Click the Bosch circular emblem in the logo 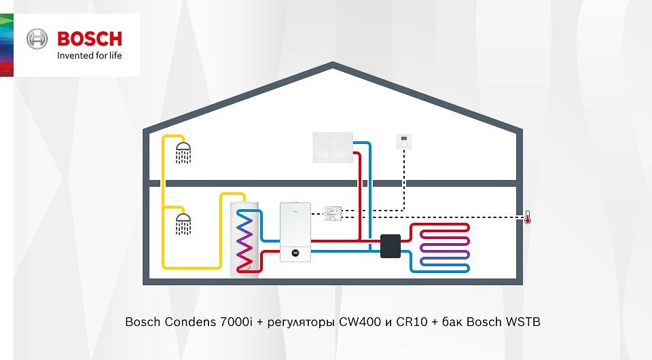37,39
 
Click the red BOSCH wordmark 90,38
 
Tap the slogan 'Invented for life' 90,56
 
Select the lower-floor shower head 183,223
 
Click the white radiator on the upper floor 333,147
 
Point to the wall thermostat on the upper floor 405,141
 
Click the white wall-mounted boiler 295,231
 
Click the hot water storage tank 245,235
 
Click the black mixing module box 391,246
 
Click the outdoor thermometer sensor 527,218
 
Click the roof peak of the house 333,65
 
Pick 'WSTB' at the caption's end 523,321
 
